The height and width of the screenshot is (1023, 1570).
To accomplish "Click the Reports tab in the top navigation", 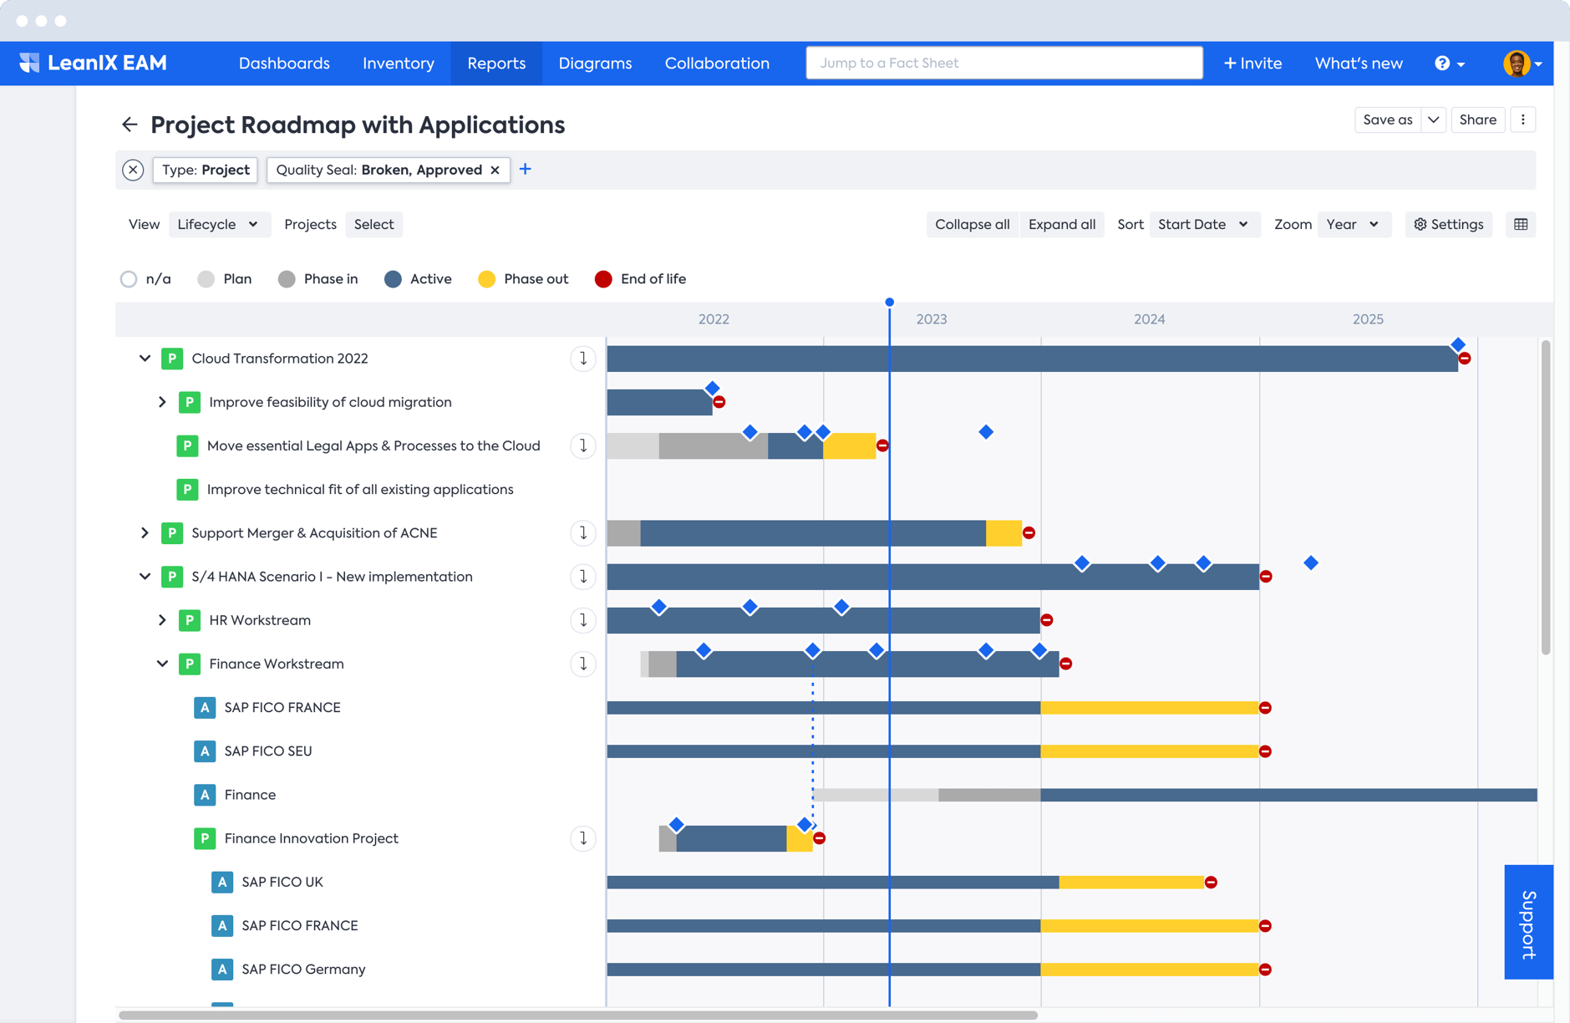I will (x=496, y=64).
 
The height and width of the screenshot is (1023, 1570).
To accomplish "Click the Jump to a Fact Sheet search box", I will (x=1003, y=64).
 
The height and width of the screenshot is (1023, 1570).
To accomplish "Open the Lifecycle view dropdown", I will (x=218, y=224).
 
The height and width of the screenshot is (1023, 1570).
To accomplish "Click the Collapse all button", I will (x=972, y=224).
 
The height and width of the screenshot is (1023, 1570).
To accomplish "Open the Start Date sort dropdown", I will (x=1202, y=224).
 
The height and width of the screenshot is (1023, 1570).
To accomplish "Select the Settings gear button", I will (x=1448, y=224).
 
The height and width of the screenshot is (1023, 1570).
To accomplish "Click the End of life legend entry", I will (x=640, y=279).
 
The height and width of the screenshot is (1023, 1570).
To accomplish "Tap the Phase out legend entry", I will (x=523, y=279).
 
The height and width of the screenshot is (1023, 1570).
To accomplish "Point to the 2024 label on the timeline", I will (x=1149, y=319).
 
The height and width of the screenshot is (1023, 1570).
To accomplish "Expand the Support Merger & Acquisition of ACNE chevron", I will (x=145, y=533).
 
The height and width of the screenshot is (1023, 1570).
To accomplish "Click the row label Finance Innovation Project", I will (x=311, y=838).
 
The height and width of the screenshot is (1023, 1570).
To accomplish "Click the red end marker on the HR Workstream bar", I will (x=1047, y=620).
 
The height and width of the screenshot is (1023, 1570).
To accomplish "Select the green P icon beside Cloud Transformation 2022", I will (x=172, y=359).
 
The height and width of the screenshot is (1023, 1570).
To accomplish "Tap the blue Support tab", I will (x=1528, y=922).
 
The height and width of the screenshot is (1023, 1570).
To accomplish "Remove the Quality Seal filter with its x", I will (x=495, y=170).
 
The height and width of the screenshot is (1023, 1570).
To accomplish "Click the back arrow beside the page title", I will (x=130, y=125).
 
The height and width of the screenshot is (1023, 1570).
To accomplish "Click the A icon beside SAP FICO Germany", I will (x=221, y=970).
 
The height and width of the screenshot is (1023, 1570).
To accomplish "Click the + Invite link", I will (x=1252, y=64).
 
